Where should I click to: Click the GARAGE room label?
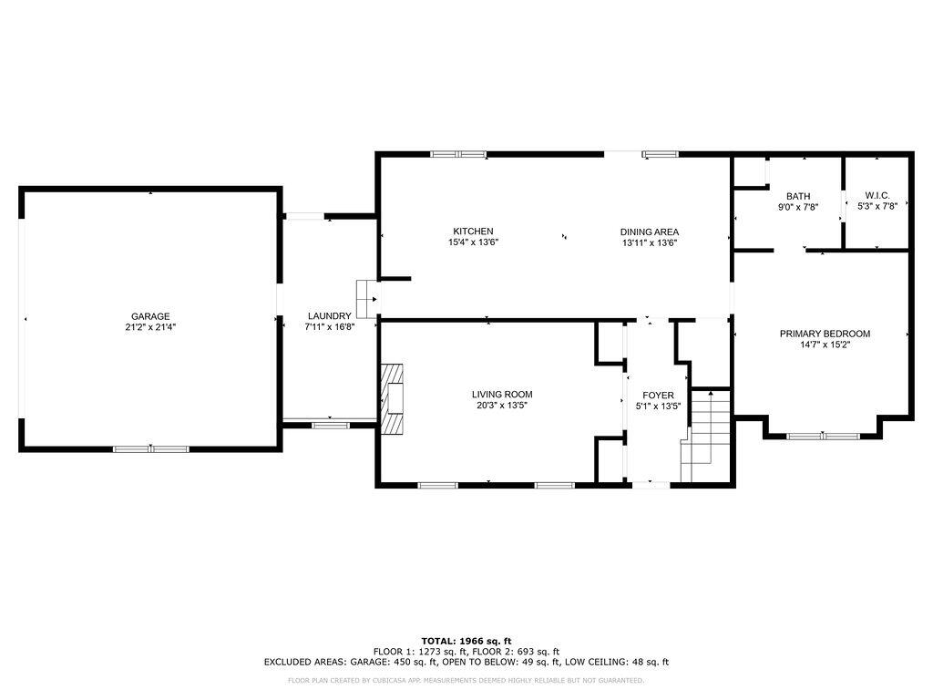pyautogui.click(x=150, y=316)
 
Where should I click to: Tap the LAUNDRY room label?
pyautogui.click(x=330, y=316)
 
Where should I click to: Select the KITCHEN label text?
pyautogui.click(x=473, y=232)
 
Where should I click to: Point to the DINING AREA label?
pyautogui.click(x=649, y=232)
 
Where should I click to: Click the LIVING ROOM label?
pyautogui.click(x=502, y=394)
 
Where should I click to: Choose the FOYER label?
pyautogui.click(x=658, y=396)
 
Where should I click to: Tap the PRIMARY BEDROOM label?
pyautogui.click(x=825, y=334)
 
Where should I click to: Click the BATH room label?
pyautogui.click(x=798, y=197)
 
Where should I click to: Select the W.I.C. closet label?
pyautogui.click(x=877, y=196)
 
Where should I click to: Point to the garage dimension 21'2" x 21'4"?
pyautogui.click(x=150, y=327)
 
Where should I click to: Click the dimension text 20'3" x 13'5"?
pyautogui.click(x=502, y=405)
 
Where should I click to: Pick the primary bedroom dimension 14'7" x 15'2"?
pyautogui.click(x=825, y=344)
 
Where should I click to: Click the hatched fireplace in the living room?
pyautogui.click(x=392, y=399)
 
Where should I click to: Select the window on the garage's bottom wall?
pyautogui.click(x=151, y=448)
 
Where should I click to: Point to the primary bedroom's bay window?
pyautogui.click(x=824, y=437)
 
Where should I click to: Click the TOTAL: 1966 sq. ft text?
pyautogui.click(x=466, y=641)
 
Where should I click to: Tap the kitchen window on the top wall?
pyautogui.click(x=459, y=154)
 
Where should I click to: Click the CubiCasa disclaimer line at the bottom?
pyautogui.click(x=466, y=680)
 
